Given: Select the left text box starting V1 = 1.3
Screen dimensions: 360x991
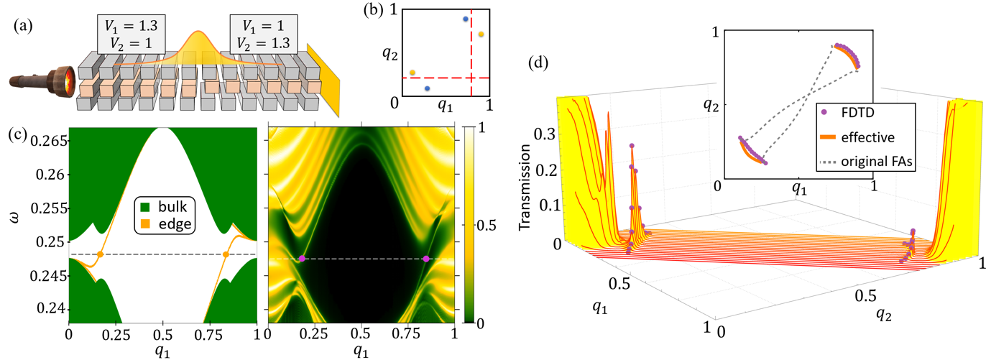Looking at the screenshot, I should click(x=131, y=32).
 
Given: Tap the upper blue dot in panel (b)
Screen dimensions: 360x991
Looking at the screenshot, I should click(x=466, y=19).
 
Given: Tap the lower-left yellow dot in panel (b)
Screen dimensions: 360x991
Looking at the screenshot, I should click(x=412, y=73).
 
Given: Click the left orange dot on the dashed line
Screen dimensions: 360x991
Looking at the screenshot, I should click(x=101, y=254).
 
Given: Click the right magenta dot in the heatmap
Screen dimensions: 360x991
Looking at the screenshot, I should click(x=426, y=259).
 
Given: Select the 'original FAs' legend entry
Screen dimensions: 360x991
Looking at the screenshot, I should click(x=862, y=162).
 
